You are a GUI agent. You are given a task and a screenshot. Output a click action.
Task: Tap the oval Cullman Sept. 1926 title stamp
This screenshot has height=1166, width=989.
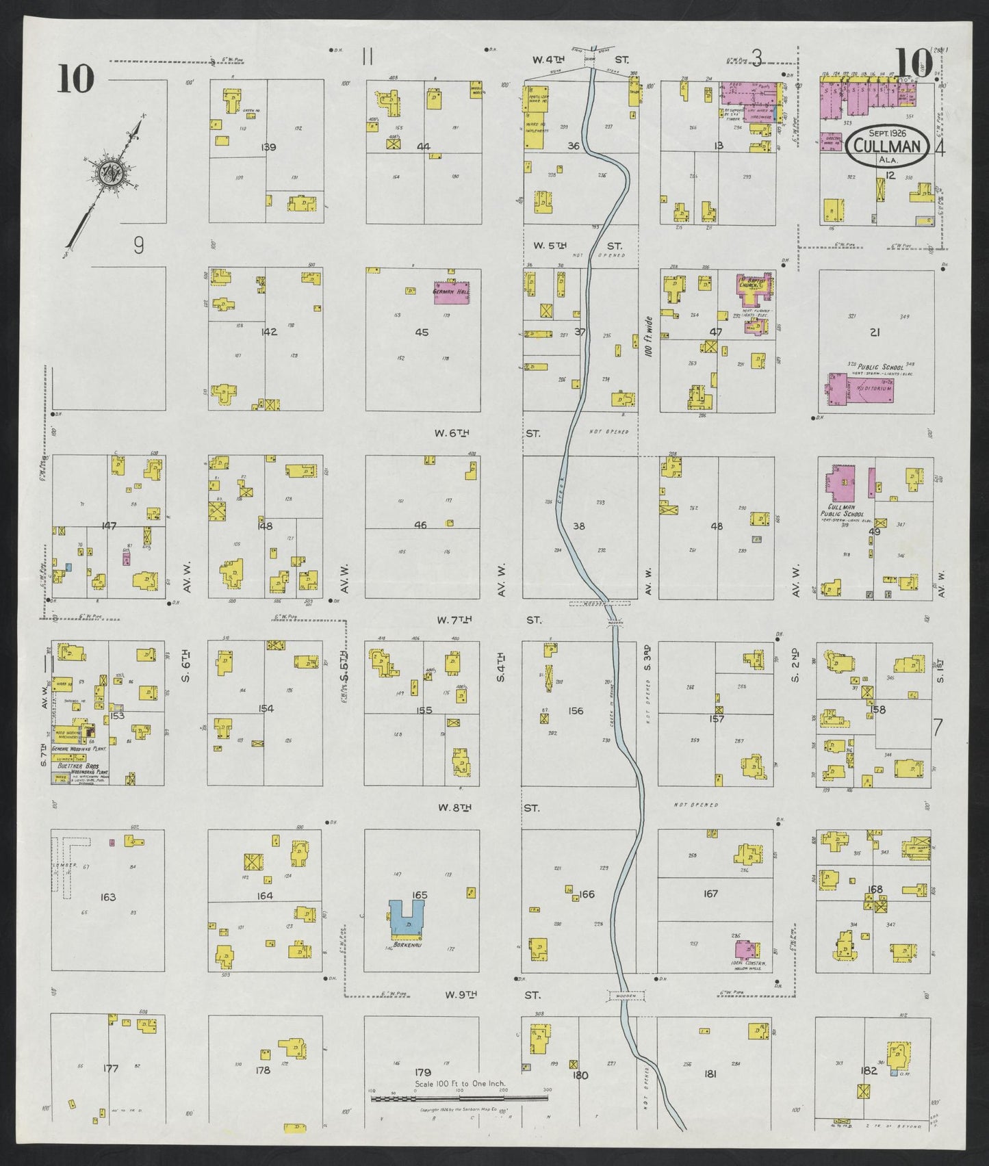click(887, 146)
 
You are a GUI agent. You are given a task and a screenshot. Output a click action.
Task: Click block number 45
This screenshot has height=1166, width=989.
click(422, 333)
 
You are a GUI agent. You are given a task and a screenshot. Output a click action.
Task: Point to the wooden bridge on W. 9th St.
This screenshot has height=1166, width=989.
click(626, 996)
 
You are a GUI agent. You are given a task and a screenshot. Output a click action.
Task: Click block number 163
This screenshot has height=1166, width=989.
click(108, 897)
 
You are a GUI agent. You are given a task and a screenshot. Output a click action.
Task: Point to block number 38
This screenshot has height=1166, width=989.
click(579, 526)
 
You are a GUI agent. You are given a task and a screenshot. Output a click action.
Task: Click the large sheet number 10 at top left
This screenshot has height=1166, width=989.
click(75, 78)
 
